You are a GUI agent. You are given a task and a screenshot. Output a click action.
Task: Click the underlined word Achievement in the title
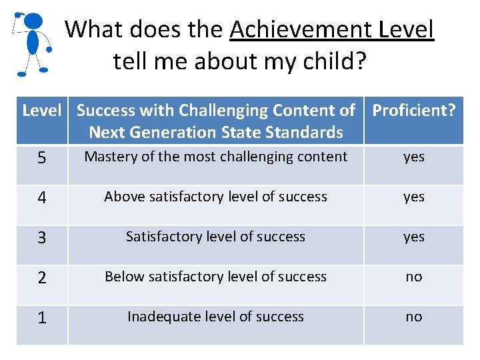pos(301,30)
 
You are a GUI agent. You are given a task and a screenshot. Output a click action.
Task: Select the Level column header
pos(42,111)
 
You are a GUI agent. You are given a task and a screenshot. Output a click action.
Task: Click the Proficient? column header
pos(414,111)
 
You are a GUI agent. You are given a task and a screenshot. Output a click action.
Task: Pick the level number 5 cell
pos(42,159)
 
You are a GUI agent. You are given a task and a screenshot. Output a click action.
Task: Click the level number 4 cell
pos(42,199)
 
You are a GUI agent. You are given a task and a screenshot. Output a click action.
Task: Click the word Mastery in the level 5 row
pos(111,157)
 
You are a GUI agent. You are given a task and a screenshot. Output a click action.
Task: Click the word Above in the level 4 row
pos(124,197)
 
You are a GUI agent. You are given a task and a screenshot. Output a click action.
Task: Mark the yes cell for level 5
pos(413,157)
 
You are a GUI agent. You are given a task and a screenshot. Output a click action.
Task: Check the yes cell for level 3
pos(413,237)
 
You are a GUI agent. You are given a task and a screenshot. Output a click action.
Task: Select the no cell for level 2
pos(413,277)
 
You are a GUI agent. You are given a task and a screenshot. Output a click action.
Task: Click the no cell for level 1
pos(413,317)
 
